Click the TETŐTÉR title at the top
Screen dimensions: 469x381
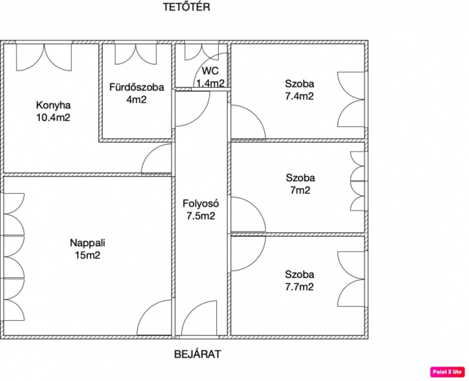tap(186, 6)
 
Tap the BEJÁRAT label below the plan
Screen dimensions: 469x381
tap(198, 354)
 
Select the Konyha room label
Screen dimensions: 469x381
tap(53, 105)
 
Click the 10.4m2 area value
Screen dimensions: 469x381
tap(53, 118)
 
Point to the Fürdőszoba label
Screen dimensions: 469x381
tap(136, 87)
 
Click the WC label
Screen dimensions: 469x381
tap(210, 71)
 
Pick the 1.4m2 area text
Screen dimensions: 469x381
tap(210, 83)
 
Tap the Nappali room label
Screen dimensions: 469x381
tap(87, 243)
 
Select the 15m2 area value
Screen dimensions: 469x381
tap(87, 255)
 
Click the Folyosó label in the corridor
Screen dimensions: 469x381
tap(201, 204)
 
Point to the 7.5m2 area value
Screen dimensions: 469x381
tap(201, 215)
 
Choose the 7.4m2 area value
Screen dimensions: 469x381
tap(300, 96)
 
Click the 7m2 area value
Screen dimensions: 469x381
tap(300, 190)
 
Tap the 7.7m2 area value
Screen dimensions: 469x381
tap(300, 287)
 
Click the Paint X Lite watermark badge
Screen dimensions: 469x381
tap(447, 372)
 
